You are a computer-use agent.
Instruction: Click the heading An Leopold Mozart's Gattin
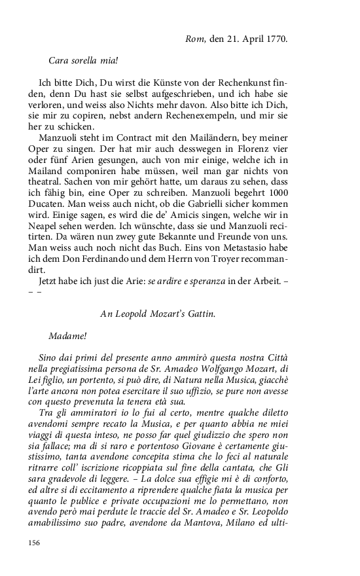[x=157, y=314]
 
